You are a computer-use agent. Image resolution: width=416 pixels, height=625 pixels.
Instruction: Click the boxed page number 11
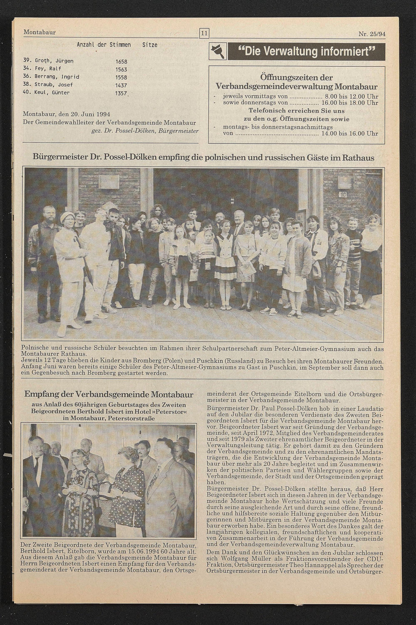click(x=204, y=34)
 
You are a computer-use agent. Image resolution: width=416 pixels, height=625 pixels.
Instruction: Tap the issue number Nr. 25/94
click(x=372, y=34)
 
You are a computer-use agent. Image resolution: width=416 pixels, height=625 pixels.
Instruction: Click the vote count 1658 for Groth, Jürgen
click(x=121, y=62)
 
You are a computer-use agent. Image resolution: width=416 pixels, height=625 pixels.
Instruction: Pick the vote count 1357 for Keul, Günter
click(x=121, y=94)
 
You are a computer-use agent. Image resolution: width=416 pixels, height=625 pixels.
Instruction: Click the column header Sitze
click(x=150, y=45)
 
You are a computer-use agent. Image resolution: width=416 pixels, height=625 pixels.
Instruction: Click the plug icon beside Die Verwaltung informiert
click(x=218, y=51)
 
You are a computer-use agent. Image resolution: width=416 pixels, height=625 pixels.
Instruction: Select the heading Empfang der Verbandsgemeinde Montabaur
click(x=109, y=394)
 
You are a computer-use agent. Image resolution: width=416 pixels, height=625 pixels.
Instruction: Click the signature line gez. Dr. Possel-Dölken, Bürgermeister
click(x=145, y=131)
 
